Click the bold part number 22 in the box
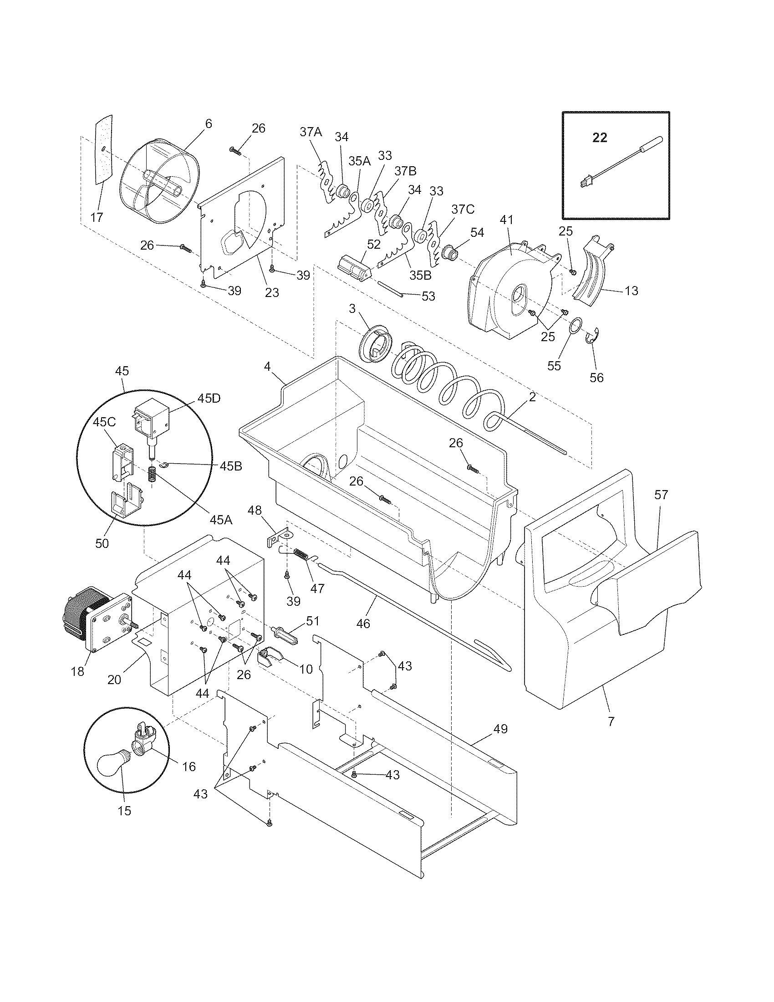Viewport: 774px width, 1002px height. (x=600, y=138)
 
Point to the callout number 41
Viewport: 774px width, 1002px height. (x=506, y=220)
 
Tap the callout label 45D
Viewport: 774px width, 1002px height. (x=209, y=398)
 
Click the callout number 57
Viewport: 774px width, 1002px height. (x=662, y=495)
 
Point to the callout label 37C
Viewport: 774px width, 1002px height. (x=463, y=209)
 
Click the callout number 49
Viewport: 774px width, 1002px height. (x=501, y=729)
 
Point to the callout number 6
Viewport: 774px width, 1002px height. (x=209, y=124)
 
